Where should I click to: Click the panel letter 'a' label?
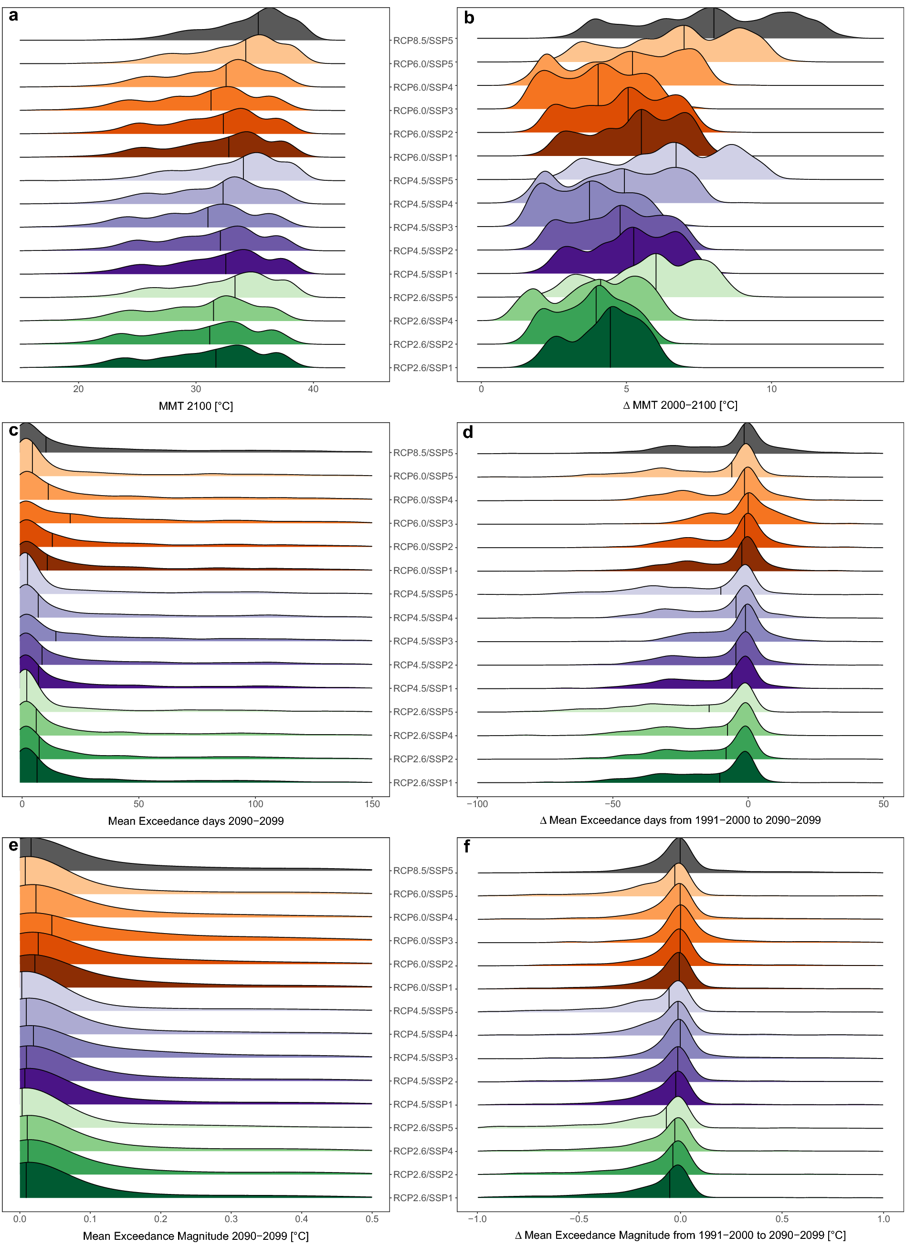click(x=13, y=15)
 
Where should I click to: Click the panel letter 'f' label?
click(x=467, y=847)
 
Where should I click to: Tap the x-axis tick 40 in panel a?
click(x=313, y=389)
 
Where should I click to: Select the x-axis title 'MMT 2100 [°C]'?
click(x=196, y=406)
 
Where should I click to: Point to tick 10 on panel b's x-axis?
click(x=771, y=389)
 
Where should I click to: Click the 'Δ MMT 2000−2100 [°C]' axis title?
click(x=680, y=405)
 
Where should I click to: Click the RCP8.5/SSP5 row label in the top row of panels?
click(x=423, y=41)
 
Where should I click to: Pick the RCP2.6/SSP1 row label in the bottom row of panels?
click(x=423, y=1198)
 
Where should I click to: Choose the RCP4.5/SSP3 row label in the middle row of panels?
click(x=423, y=641)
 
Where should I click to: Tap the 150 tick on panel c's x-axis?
click(x=372, y=804)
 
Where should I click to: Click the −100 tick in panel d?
click(x=477, y=804)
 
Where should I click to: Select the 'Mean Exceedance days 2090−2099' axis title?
click(x=196, y=821)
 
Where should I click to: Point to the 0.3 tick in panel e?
click(x=231, y=1218)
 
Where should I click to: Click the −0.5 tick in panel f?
click(x=579, y=1218)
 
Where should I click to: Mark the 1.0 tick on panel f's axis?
click(x=883, y=1218)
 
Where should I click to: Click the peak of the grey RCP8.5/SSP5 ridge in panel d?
click(x=746, y=424)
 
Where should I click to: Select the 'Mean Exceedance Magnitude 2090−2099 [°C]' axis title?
click(x=196, y=1236)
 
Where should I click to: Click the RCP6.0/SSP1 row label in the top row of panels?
click(x=423, y=158)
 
